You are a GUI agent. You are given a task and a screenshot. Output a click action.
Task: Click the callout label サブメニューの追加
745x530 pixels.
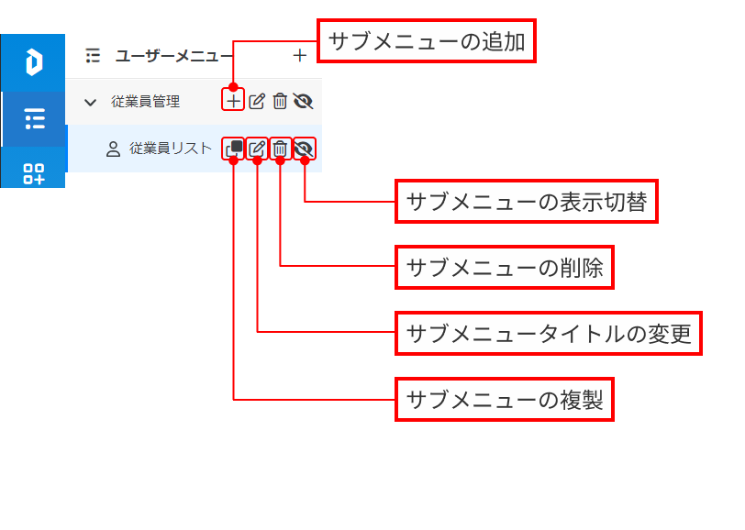426,42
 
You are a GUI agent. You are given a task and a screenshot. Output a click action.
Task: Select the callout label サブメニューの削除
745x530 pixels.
504,268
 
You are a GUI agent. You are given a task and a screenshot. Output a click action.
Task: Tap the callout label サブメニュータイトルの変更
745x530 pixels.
548,334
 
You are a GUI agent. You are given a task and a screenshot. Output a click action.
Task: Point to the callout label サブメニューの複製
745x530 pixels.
504,400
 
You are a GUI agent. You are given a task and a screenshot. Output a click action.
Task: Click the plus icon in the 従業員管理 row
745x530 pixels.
234,101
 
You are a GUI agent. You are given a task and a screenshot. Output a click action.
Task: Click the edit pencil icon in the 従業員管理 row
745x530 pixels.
257,101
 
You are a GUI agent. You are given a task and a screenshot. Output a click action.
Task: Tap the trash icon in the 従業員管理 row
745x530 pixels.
280,101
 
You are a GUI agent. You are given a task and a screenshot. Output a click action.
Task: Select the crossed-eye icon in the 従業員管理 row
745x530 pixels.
304,101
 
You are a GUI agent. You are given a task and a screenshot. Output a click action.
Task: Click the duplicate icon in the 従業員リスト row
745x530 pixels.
234,149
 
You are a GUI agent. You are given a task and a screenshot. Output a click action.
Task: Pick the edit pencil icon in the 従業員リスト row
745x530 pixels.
257,149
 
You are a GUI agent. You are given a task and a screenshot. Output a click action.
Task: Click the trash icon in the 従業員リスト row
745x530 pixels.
280,149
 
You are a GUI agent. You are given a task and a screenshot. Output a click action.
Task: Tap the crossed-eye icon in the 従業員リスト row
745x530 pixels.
304,149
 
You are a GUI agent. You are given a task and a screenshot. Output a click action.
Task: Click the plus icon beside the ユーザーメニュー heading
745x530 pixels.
299,56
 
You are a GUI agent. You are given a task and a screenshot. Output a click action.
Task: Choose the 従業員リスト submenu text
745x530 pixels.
171,149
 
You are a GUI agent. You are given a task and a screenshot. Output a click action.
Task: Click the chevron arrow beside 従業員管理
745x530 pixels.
90,102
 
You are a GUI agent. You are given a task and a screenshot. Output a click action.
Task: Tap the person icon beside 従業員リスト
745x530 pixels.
114,149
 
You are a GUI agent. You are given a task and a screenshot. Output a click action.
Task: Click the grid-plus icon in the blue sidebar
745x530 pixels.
34,173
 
